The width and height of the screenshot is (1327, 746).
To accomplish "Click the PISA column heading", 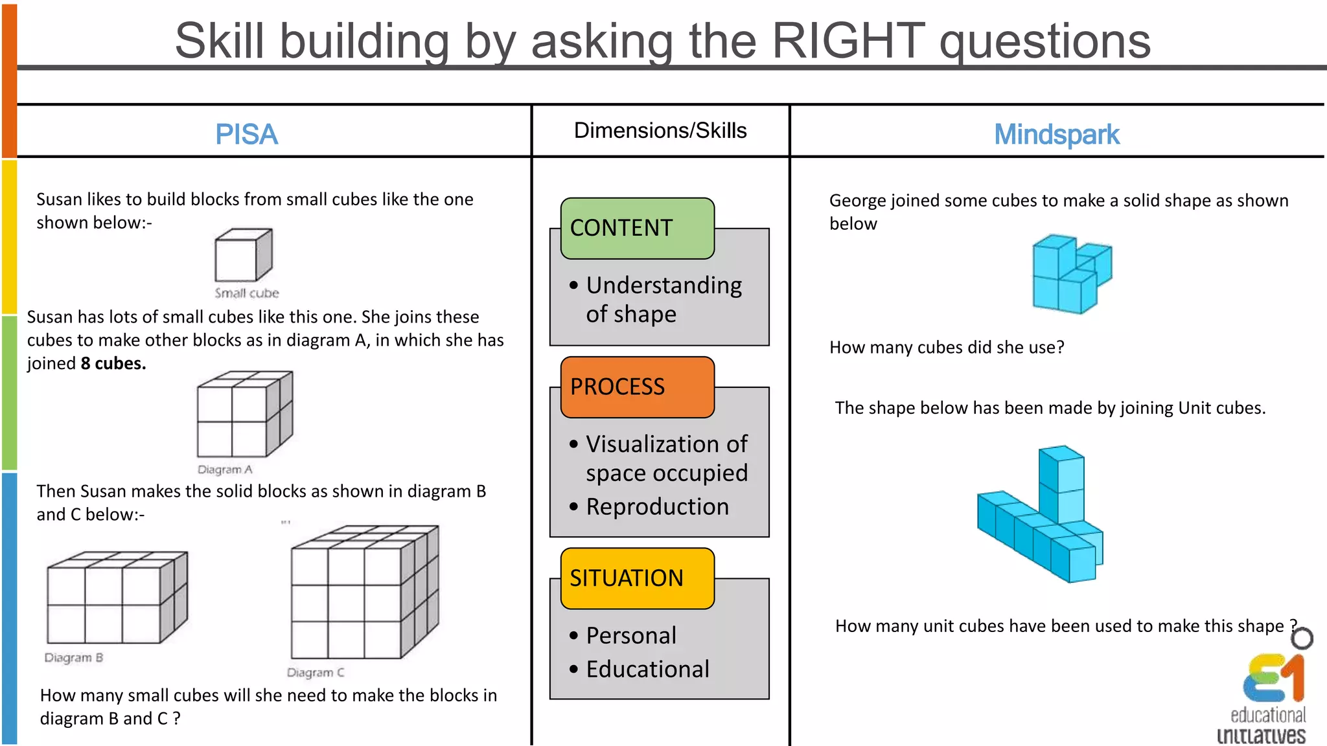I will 246,135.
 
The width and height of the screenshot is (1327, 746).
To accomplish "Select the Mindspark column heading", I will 1056,135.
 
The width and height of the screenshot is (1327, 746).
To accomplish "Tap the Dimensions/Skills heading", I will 660,131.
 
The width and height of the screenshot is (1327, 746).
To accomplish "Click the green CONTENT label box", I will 637,228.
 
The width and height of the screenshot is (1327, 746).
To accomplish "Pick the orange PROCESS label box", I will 637,387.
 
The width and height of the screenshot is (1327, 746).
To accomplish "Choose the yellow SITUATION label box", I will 637,578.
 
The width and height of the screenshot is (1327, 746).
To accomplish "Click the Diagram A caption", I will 225,469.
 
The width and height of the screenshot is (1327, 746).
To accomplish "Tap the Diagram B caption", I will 73,658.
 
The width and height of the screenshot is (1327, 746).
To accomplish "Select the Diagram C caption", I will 315,673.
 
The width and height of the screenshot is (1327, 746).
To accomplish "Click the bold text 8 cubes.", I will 113,363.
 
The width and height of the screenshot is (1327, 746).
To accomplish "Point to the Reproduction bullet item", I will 657,506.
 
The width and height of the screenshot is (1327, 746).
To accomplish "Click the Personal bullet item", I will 630,635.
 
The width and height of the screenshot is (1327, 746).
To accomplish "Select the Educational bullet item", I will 647,669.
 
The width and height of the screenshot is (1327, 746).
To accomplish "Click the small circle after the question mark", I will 1302,639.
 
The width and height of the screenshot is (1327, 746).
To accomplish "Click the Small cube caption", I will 247,293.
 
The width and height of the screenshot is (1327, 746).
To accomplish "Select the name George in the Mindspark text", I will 858,201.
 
